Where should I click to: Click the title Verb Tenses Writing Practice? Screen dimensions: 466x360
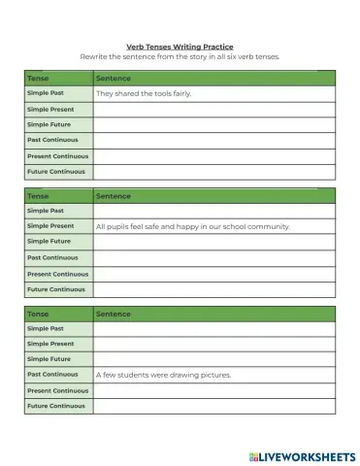point(180,46)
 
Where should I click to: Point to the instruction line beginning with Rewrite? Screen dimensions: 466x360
point(180,56)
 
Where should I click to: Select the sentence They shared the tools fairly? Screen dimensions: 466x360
point(144,93)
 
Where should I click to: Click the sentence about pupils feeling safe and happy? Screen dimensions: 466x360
point(193,226)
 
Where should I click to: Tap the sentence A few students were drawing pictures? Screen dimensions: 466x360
point(163,375)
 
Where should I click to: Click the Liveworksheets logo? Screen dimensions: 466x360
point(302,455)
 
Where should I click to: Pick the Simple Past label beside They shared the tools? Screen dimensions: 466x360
point(46,93)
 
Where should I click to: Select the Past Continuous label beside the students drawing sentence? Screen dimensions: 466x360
point(52,375)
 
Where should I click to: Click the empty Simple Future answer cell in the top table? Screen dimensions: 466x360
point(213,125)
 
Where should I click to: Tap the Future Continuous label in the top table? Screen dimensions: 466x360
point(55,172)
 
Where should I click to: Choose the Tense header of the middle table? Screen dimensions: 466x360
point(39,195)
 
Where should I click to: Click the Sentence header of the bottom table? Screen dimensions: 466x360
point(114,314)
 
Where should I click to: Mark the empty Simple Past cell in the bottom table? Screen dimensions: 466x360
point(213,328)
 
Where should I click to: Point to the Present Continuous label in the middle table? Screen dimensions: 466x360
point(57,274)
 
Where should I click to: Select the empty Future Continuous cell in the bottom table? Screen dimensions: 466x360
point(213,406)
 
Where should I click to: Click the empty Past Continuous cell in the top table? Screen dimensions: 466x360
point(213,141)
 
